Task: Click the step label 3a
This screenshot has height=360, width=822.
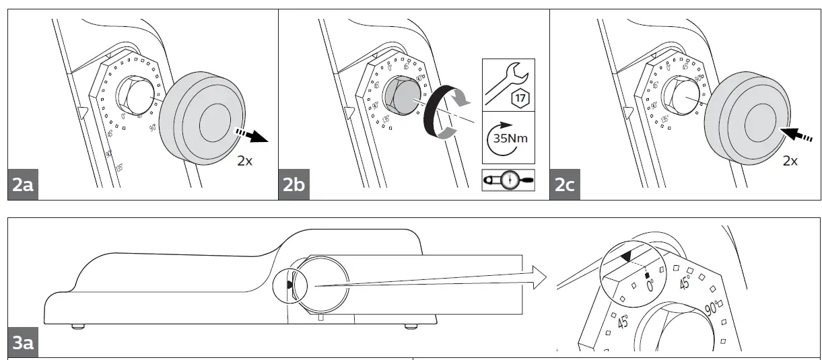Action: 22,343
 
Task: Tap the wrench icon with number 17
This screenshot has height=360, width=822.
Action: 508,85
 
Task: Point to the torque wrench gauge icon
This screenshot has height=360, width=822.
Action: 508,180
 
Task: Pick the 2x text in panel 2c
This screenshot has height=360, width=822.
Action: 790,161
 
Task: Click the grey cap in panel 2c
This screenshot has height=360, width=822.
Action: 747,118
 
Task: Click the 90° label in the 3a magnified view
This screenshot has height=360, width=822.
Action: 712,308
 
